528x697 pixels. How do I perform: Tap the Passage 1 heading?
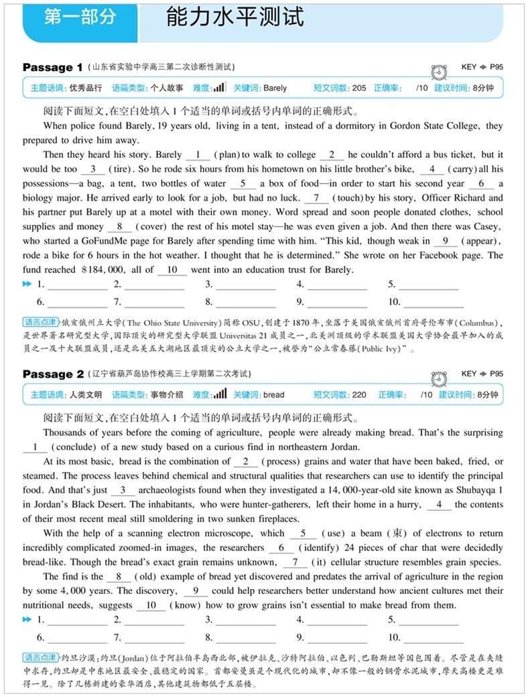pyautogui.click(x=52, y=68)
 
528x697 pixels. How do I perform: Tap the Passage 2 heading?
pyautogui.click(x=52, y=374)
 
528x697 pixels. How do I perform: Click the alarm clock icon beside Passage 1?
pyautogui.click(x=440, y=72)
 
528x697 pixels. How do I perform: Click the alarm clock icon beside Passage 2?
pyautogui.click(x=440, y=378)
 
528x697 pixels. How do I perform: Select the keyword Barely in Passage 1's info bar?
pyautogui.click(x=275, y=88)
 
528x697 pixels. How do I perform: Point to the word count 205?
pyautogui.click(x=358, y=88)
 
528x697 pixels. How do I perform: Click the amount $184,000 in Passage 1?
pyautogui.click(x=103, y=270)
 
